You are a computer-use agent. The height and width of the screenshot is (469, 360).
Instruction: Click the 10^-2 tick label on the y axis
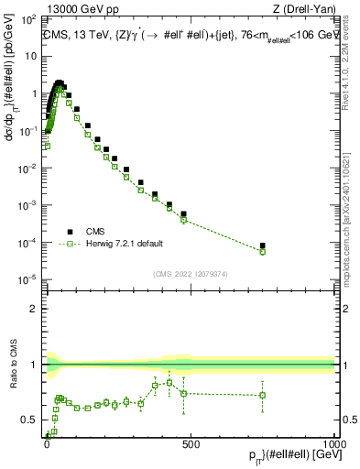(x=28, y=168)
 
